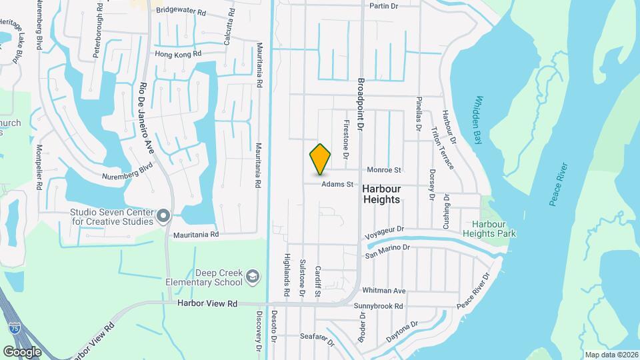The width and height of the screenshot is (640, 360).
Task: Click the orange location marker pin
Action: coord(321,158)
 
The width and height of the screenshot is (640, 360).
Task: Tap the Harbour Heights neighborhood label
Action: coord(381,194)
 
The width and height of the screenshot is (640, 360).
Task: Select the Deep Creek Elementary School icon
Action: coord(252,276)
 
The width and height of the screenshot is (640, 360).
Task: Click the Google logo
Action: coord(22,351)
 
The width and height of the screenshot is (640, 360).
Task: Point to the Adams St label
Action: coord(336,185)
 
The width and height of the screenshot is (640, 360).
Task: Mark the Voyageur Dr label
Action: coord(386,233)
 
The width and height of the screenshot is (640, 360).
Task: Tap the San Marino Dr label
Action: coord(387,251)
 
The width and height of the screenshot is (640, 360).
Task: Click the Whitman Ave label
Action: coord(383,291)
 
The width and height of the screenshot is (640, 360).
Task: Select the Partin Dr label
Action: coord(383,6)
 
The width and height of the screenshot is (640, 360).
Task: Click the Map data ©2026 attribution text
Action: coord(611,355)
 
